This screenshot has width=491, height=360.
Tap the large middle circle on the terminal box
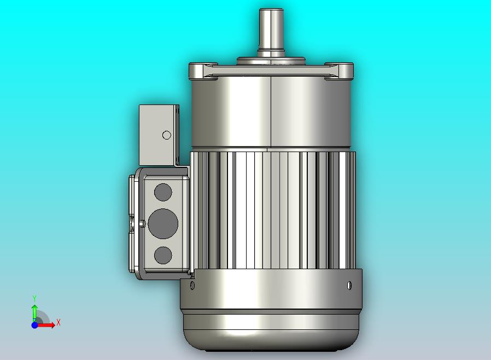point(163,224)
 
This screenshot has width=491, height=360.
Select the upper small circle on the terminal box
point(163,192)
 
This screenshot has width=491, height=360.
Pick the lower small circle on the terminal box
point(163,255)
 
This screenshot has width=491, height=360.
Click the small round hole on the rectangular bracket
point(167,135)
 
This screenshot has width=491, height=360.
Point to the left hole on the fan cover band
point(192,286)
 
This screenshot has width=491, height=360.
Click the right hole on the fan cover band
point(350,286)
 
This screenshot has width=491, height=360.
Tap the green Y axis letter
point(34,298)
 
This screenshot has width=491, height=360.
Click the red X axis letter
point(59,322)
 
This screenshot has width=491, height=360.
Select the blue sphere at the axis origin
point(35,325)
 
